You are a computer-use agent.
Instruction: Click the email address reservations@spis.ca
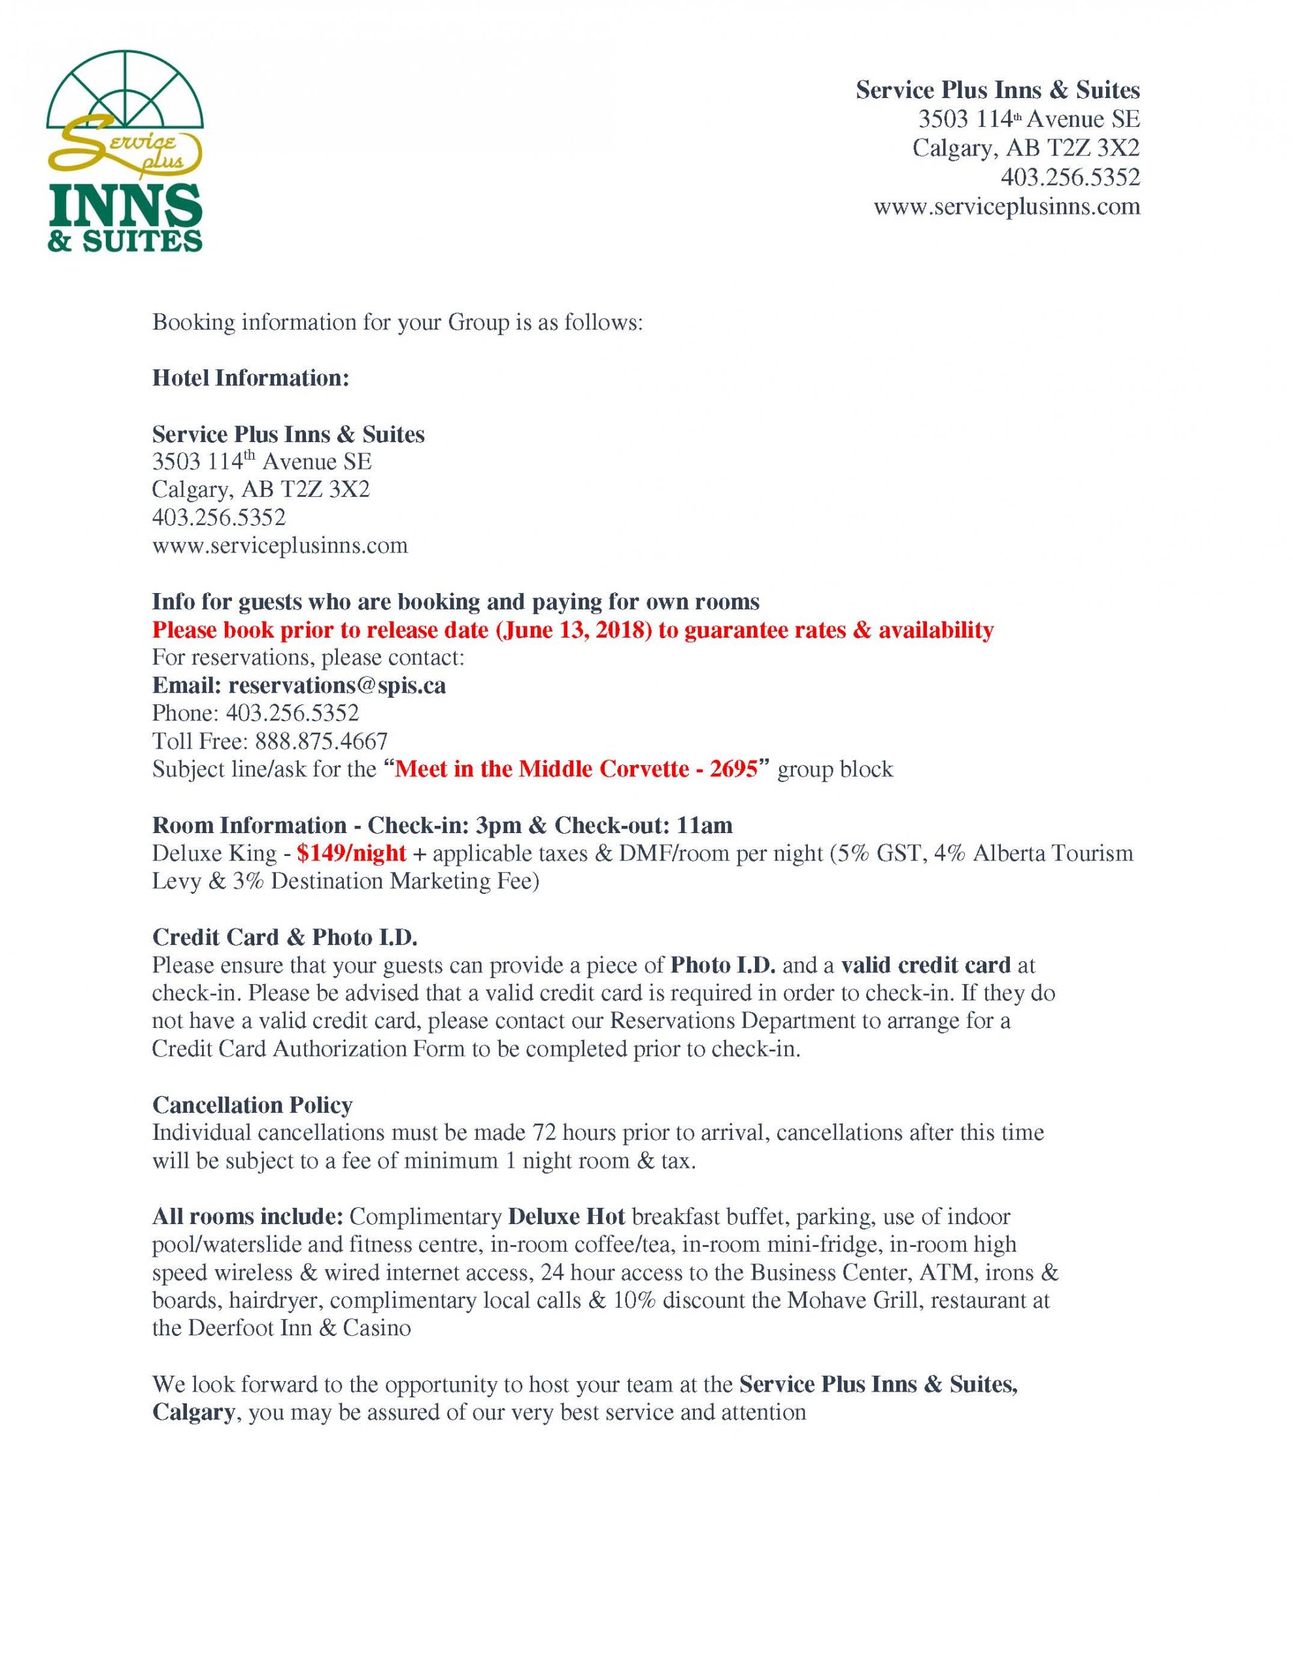pos(337,685)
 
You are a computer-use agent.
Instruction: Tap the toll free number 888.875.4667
pos(321,741)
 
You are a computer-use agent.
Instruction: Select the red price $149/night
pos(351,853)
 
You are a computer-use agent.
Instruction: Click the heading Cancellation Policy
pos(252,1104)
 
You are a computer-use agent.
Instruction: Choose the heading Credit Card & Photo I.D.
pos(284,936)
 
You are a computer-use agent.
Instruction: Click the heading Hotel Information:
pos(250,378)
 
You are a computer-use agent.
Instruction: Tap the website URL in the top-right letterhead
pos(1006,207)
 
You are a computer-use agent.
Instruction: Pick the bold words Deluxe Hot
pos(566,1216)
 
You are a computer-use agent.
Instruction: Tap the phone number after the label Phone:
pos(292,713)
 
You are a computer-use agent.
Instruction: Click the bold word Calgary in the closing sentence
pos(193,1412)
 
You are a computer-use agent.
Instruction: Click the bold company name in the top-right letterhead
pos(997,90)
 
